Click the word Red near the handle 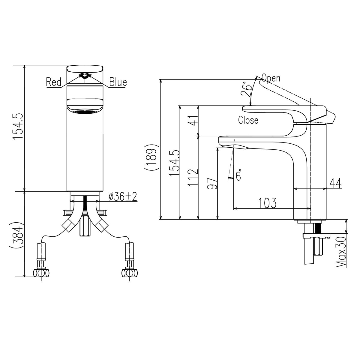point(54,82)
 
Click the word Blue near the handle point(118,82)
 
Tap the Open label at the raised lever point(271,78)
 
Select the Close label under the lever point(248,120)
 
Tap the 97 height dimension point(212,183)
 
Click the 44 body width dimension point(335,183)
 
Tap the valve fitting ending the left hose point(42,273)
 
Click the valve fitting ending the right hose point(129,273)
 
